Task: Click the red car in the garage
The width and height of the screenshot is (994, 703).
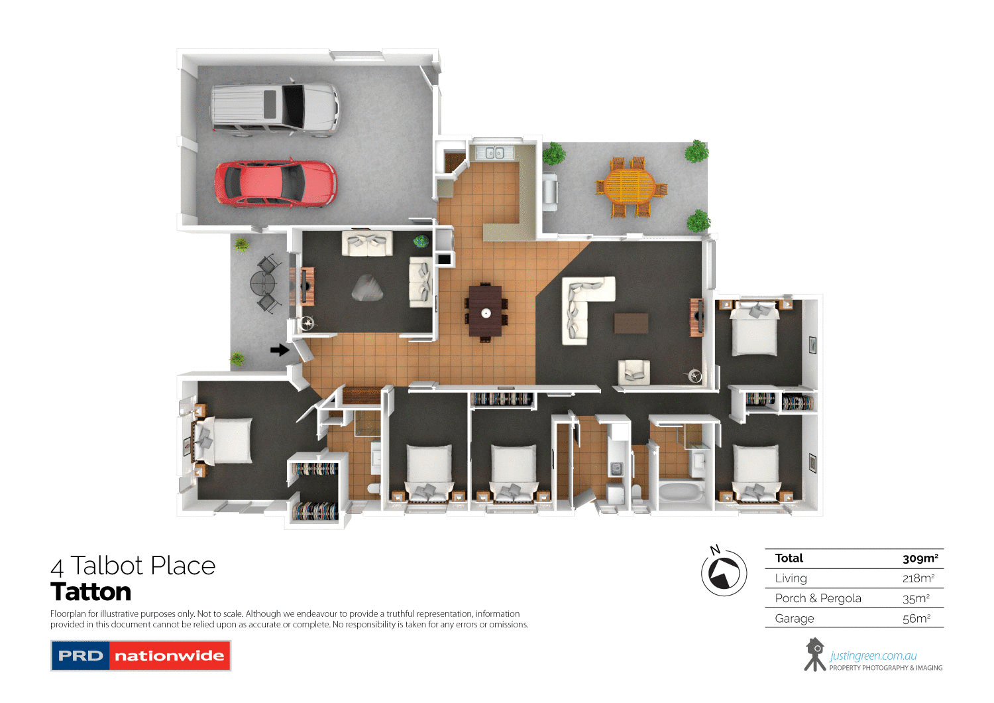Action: (x=275, y=183)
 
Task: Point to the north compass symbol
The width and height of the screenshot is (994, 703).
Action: (x=724, y=572)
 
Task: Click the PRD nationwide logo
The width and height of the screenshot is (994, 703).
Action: (x=140, y=655)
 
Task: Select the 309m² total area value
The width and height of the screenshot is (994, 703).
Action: (x=920, y=558)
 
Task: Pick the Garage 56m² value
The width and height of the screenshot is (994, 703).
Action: (x=916, y=619)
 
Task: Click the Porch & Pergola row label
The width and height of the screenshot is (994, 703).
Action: (x=818, y=598)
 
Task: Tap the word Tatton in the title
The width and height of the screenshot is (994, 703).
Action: (x=91, y=592)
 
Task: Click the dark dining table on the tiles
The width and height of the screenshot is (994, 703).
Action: (x=486, y=311)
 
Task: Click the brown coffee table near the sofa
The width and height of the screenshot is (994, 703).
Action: (x=631, y=323)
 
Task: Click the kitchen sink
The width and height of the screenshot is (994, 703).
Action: (x=494, y=153)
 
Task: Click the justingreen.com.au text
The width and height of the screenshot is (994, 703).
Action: (x=873, y=656)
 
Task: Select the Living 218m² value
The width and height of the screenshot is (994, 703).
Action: (x=918, y=578)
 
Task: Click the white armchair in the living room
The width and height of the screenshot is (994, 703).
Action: (x=634, y=372)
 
